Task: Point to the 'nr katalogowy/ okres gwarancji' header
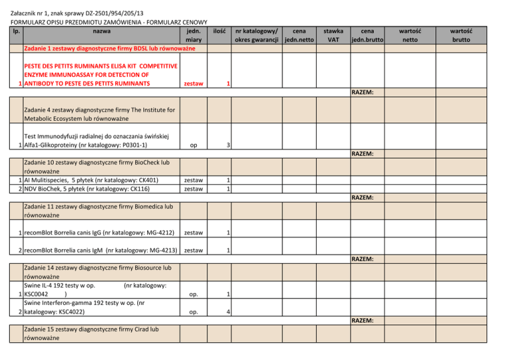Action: (x=254, y=35)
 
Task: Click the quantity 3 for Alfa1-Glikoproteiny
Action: (x=228, y=145)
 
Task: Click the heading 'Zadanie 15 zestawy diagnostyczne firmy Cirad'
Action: (x=91, y=333)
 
